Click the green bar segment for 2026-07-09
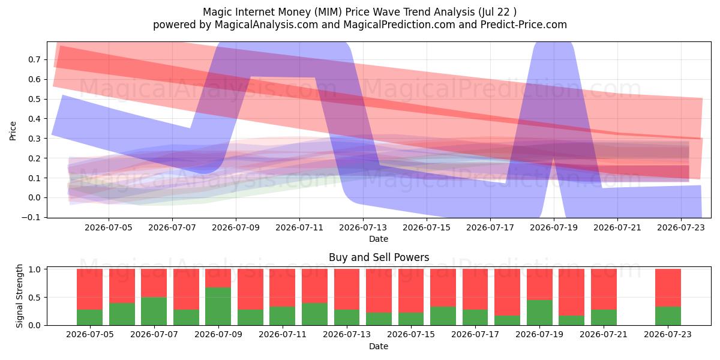point(218,307)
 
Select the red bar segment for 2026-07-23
point(668,288)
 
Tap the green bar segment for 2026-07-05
point(89,317)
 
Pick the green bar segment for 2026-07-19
point(539,313)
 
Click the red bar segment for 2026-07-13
point(347,289)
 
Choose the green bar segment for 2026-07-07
point(154,311)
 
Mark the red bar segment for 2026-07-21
point(604,289)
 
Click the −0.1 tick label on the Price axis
point(31,217)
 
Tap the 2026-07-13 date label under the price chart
point(363,227)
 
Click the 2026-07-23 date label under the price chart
point(681,227)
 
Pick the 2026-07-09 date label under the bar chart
point(218,334)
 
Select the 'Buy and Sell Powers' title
point(379,257)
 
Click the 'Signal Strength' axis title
point(20,296)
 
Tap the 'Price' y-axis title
point(13,131)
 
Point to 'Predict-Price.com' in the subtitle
point(524,25)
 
